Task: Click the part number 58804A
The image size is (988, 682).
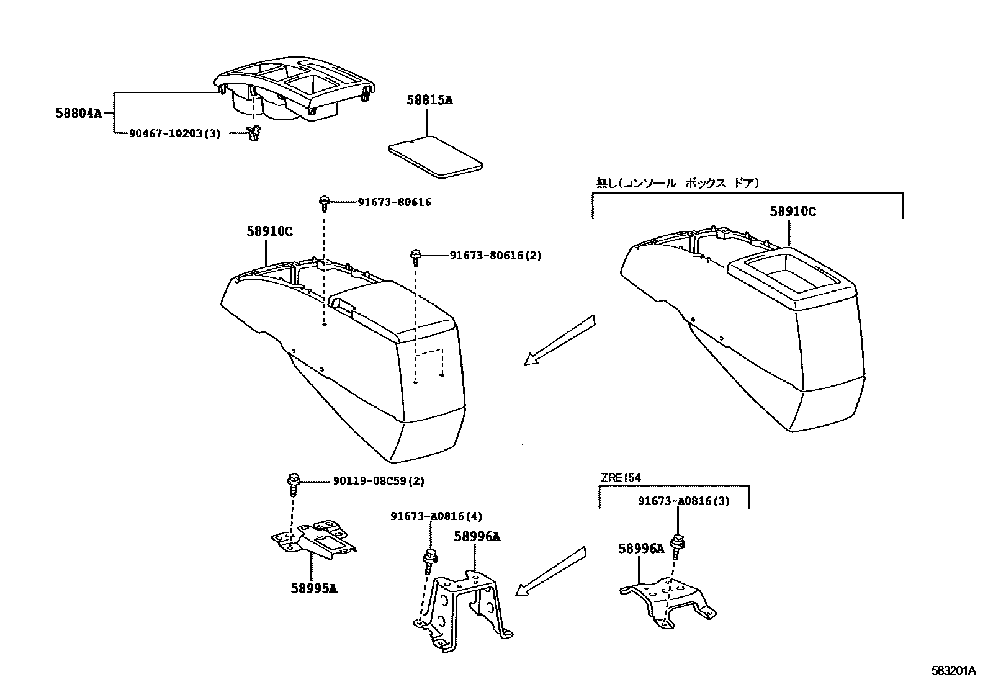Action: coord(78,113)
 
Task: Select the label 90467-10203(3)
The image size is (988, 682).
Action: coord(174,133)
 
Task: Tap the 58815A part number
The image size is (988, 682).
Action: coord(429,99)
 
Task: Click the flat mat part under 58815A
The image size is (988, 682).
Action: coord(435,157)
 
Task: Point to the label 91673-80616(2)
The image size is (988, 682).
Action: coord(495,255)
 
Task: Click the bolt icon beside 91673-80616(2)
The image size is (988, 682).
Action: coord(416,256)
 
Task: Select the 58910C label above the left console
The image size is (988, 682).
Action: coord(269,231)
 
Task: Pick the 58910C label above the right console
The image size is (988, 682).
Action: coord(793,211)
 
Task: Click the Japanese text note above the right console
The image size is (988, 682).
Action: coord(677,183)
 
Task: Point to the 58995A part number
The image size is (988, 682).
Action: coord(313,588)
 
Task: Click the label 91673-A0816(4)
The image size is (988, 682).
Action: coord(436,516)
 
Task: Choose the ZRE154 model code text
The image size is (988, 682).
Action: coord(620,477)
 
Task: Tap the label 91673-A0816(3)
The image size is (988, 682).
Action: coord(683,501)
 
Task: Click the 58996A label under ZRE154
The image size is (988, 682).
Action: coord(640,548)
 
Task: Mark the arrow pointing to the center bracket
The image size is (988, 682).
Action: coord(551,572)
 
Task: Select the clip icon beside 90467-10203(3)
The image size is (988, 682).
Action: coord(252,133)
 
